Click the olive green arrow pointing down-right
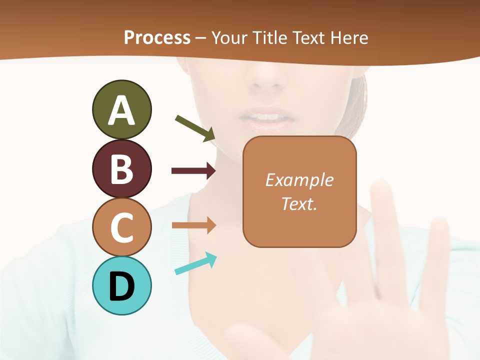click(x=195, y=128)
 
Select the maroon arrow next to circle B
click(x=193, y=171)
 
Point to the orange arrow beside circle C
click(x=193, y=225)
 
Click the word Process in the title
click(x=157, y=38)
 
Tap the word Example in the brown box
click(x=299, y=180)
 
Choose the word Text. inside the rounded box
click(x=299, y=203)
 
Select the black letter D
click(x=121, y=286)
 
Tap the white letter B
click(x=121, y=169)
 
